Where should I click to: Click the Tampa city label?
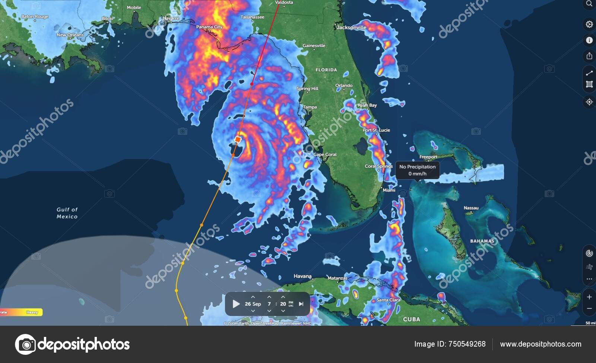(310, 107)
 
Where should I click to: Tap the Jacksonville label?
(351, 27)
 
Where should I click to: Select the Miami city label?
(389, 190)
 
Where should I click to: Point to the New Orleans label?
(70, 35)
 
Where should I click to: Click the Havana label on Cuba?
(302, 276)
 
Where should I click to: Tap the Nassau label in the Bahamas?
(471, 208)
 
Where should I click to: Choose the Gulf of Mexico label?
(67, 213)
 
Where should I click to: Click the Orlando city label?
(344, 85)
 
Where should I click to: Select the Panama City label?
(209, 27)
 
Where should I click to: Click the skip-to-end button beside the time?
(301, 304)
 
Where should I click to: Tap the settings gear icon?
(589, 24)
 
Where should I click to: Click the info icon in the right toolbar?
(589, 40)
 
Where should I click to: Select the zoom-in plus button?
(589, 297)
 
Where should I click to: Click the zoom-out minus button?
(589, 309)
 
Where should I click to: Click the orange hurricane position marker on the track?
(238, 139)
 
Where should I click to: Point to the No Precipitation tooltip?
(417, 170)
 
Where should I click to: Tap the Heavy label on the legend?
(32, 312)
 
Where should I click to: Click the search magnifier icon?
(589, 4)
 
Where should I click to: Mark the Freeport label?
(428, 157)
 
